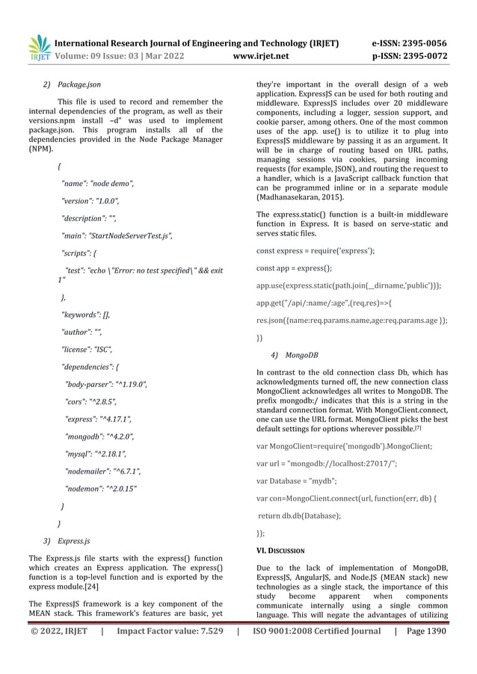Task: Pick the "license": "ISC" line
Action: [86, 349]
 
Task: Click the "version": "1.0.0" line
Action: [90, 201]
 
